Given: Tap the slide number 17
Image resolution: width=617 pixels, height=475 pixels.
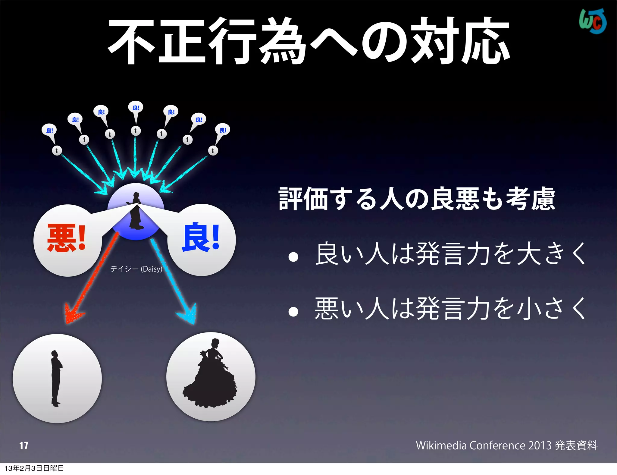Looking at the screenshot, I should (x=23, y=445).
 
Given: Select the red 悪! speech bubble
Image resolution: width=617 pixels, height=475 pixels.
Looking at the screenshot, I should (x=67, y=239).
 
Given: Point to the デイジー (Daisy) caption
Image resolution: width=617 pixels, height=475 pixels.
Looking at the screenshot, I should (x=136, y=269).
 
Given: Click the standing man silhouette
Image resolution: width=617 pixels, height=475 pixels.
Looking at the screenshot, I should (x=56, y=378).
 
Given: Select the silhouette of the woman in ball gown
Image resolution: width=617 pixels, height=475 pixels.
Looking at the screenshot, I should (x=210, y=377).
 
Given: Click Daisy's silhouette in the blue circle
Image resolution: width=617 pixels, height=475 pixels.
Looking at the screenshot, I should (x=135, y=211).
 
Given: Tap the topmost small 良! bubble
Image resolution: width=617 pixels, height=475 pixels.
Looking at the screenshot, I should (x=136, y=108).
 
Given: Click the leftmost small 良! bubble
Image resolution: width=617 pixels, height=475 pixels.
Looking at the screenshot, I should (x=49, y=130).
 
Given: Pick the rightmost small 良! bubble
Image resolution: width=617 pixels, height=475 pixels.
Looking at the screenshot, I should (x=223, y=130).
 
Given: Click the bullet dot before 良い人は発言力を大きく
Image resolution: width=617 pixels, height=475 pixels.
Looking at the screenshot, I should (x=293, y=257).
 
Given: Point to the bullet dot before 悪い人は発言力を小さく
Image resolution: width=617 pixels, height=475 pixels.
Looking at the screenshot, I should (x=293, y=312).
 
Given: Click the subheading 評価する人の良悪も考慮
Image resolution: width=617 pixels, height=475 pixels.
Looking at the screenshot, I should (x=417, y=199).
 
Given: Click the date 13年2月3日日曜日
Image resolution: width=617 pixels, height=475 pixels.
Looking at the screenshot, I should (x=34, y=468).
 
